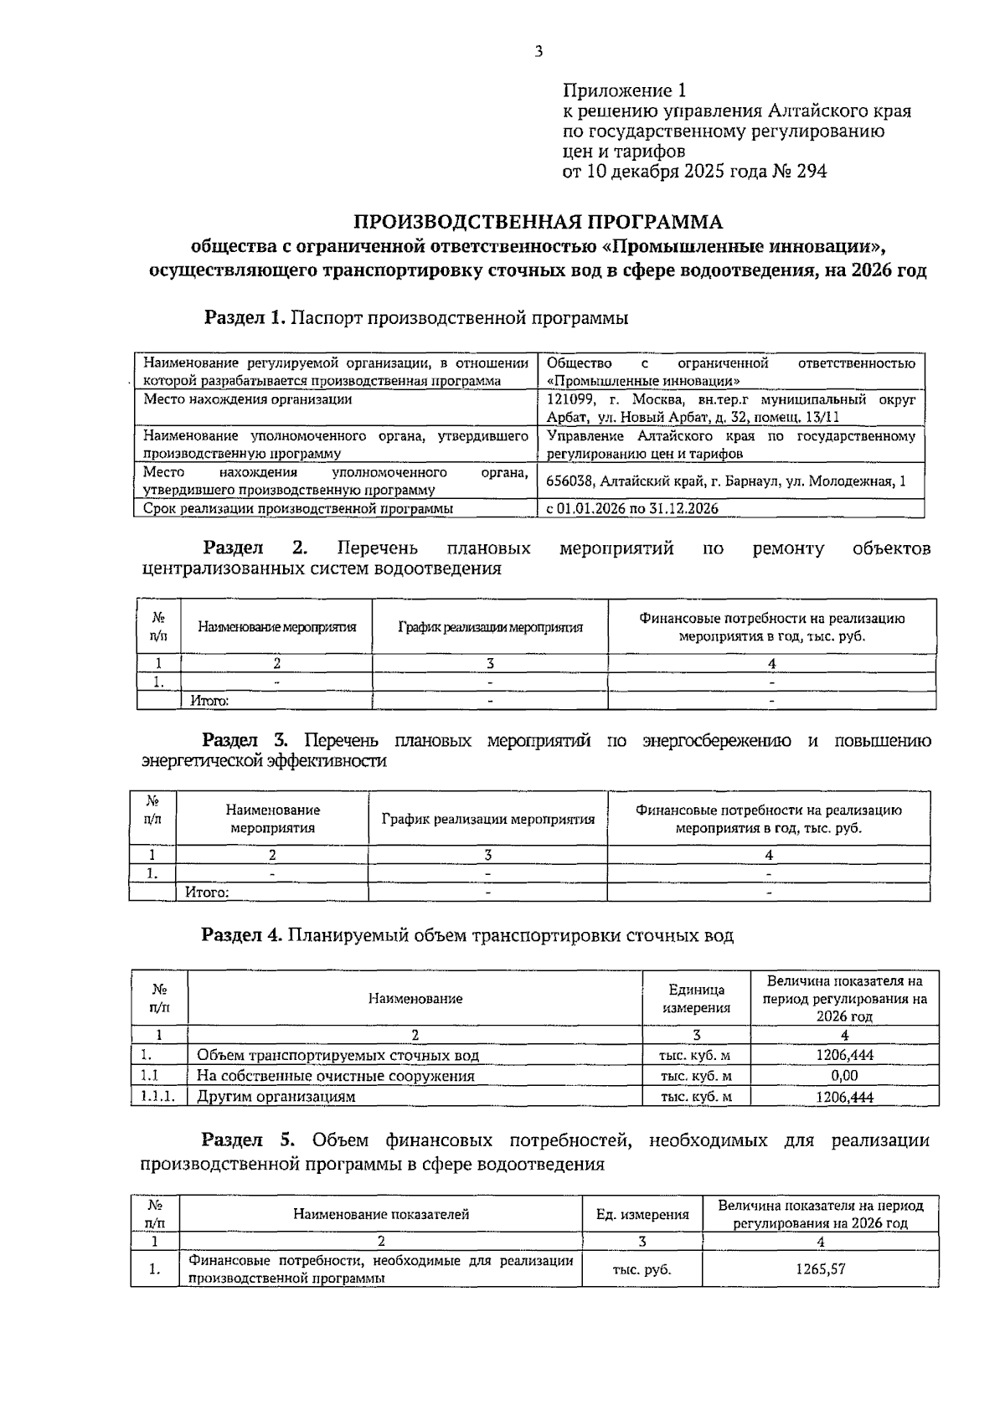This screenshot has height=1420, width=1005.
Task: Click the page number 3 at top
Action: pyautogui.click(x=539, y=52)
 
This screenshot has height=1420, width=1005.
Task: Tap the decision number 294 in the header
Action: pyautogui.click(x=810, y=172)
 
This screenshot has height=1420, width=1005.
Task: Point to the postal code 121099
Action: pyautogui.click(x=571, y=399)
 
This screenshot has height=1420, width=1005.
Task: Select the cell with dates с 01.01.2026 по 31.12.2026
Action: pyautogui.click(x=632, y=508)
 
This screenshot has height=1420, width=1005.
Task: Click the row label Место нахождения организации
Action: pyautogui.click(x=248, y=399)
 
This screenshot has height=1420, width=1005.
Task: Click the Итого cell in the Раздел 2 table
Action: pyautogui.click(x=209, y=701)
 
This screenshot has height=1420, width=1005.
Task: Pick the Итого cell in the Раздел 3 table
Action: pyautogui.click(x=207, y=893)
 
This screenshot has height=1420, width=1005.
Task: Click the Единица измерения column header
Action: pyautogui.click(x=696, y=998)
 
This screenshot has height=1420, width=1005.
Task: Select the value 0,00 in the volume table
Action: pyautogui.click(x=844, y=1076)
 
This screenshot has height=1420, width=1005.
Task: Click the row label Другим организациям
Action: pyautogui.click(x=276, y=1097)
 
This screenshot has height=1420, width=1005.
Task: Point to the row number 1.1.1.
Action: pyautogui.click(x=158, y=1097)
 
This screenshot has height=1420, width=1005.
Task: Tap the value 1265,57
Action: pyautogui.click(x=820, y=1268)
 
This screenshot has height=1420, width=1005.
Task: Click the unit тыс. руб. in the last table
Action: pyautogui.click(x=642, y=1269)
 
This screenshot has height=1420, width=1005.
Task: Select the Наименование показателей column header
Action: pyautogui.click(x=381, y=1214)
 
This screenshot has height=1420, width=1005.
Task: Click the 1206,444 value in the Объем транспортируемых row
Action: pyautogui.click(x=844, y=1056)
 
